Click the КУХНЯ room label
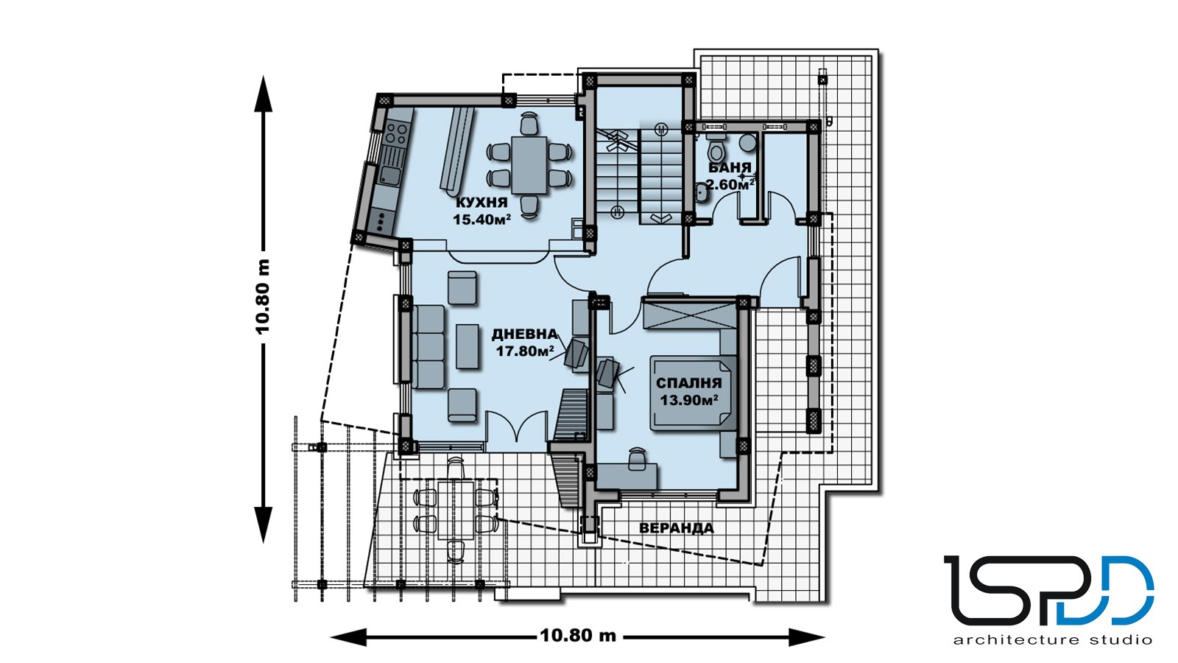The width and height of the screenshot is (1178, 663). (x=482, y=203)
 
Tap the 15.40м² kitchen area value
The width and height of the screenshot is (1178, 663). (x=482, y=220)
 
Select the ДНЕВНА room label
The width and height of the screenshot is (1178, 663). (x=524, y=334)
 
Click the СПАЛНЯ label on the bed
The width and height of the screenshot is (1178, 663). (x=689, y=384)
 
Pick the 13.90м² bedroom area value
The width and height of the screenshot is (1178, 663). (x=689, y=401)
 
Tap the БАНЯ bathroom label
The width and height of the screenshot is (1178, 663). (x=730, y=168)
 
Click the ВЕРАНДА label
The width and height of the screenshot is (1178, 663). (x=677, y=527)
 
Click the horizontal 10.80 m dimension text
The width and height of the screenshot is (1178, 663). (x=578, y=635)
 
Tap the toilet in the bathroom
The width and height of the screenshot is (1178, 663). (x=716, y=148)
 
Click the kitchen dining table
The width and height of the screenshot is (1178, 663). (x=529, y=165)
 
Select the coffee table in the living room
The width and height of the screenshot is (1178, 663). (x=467, y=346)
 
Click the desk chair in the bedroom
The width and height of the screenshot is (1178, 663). (x=638, y=458)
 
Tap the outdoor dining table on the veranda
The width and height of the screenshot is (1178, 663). (x=456, y=509)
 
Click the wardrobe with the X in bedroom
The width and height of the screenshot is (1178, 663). (x=689, y=315)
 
